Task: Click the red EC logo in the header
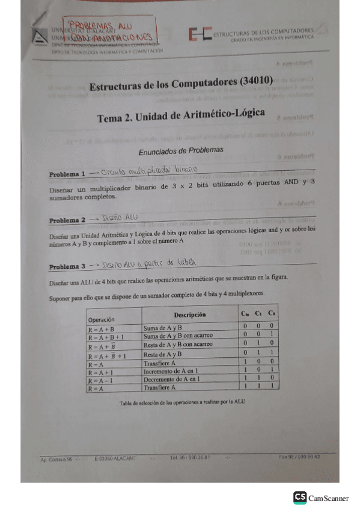point(199,35)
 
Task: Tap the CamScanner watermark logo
point(321,497)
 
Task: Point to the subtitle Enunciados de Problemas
point(180,149)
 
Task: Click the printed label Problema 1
point(67,173)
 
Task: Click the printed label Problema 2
point(67,220)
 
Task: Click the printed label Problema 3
point(67,266)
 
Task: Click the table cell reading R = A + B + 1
point(107,337)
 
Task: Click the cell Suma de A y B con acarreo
point(178,336)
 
